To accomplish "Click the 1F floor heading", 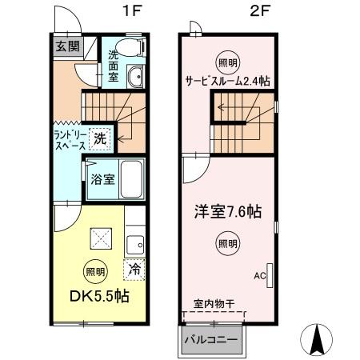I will (x=128, y=14).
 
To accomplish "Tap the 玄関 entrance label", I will (x=67, y=46).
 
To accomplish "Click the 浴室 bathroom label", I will (x=102, y=179).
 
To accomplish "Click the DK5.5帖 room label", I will (x=98, y=295).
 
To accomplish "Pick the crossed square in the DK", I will (x=100, y=238).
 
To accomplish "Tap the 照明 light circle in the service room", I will (x=227, y=62).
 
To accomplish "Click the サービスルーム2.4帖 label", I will (x=228, y=80).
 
